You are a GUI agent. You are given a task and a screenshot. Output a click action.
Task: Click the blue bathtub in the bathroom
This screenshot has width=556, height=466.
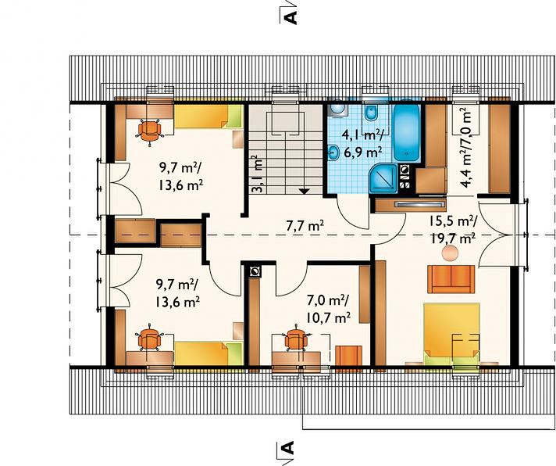click(x=407, y=133)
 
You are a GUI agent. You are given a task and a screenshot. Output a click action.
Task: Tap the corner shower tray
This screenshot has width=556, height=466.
click(x=383, y=179)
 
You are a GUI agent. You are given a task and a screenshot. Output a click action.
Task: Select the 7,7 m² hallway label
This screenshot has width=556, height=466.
click(x=305, y=226)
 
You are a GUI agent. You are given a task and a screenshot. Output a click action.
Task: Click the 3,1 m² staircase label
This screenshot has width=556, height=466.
click(x=258, y=174)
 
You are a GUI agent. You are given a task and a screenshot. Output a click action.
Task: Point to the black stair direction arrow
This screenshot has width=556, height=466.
click(x=304, y=191)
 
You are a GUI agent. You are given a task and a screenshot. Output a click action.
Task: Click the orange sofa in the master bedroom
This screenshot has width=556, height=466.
click(x=451, y=279)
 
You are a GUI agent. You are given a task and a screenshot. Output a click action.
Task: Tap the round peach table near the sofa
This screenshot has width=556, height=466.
click(x=450, y=254)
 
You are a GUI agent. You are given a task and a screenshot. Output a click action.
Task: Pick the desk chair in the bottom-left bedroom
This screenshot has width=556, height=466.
click(x=149, y=338)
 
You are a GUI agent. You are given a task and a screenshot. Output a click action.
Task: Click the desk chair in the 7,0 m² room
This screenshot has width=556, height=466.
click(x=297, y=338)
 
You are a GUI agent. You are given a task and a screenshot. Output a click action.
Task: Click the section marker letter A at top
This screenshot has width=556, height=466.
click(x=290, y=16)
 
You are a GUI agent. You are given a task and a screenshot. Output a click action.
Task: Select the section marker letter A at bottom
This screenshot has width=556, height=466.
click(x=290, y=448)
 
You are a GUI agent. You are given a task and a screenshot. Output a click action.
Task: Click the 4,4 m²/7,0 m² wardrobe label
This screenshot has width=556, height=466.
click(x=465, y=147)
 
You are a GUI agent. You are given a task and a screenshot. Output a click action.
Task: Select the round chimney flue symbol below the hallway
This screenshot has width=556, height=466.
click(x=255, y=272)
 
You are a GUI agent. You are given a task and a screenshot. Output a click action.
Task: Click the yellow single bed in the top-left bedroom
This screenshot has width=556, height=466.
click(x=207, y=116)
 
